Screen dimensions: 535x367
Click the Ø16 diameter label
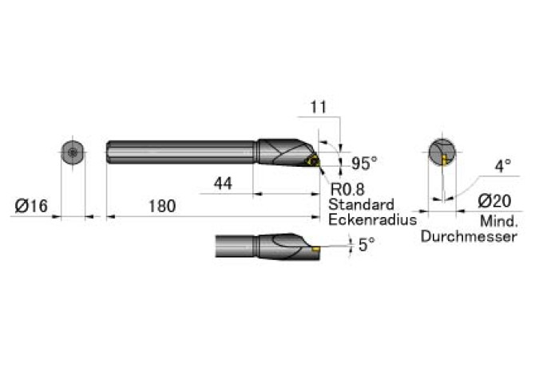point(31,206)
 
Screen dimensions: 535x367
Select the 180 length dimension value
point(162,206)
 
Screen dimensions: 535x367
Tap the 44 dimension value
point(223,183)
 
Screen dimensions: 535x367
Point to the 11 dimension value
point(319,107)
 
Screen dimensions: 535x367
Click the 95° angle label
point(364,164)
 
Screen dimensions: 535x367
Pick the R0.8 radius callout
point(347,189)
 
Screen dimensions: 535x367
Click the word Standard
point(361,204)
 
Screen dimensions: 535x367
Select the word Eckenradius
point(373,219)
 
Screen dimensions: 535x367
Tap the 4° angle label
point(503,166)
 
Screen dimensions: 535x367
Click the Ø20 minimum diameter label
point(495,201)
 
